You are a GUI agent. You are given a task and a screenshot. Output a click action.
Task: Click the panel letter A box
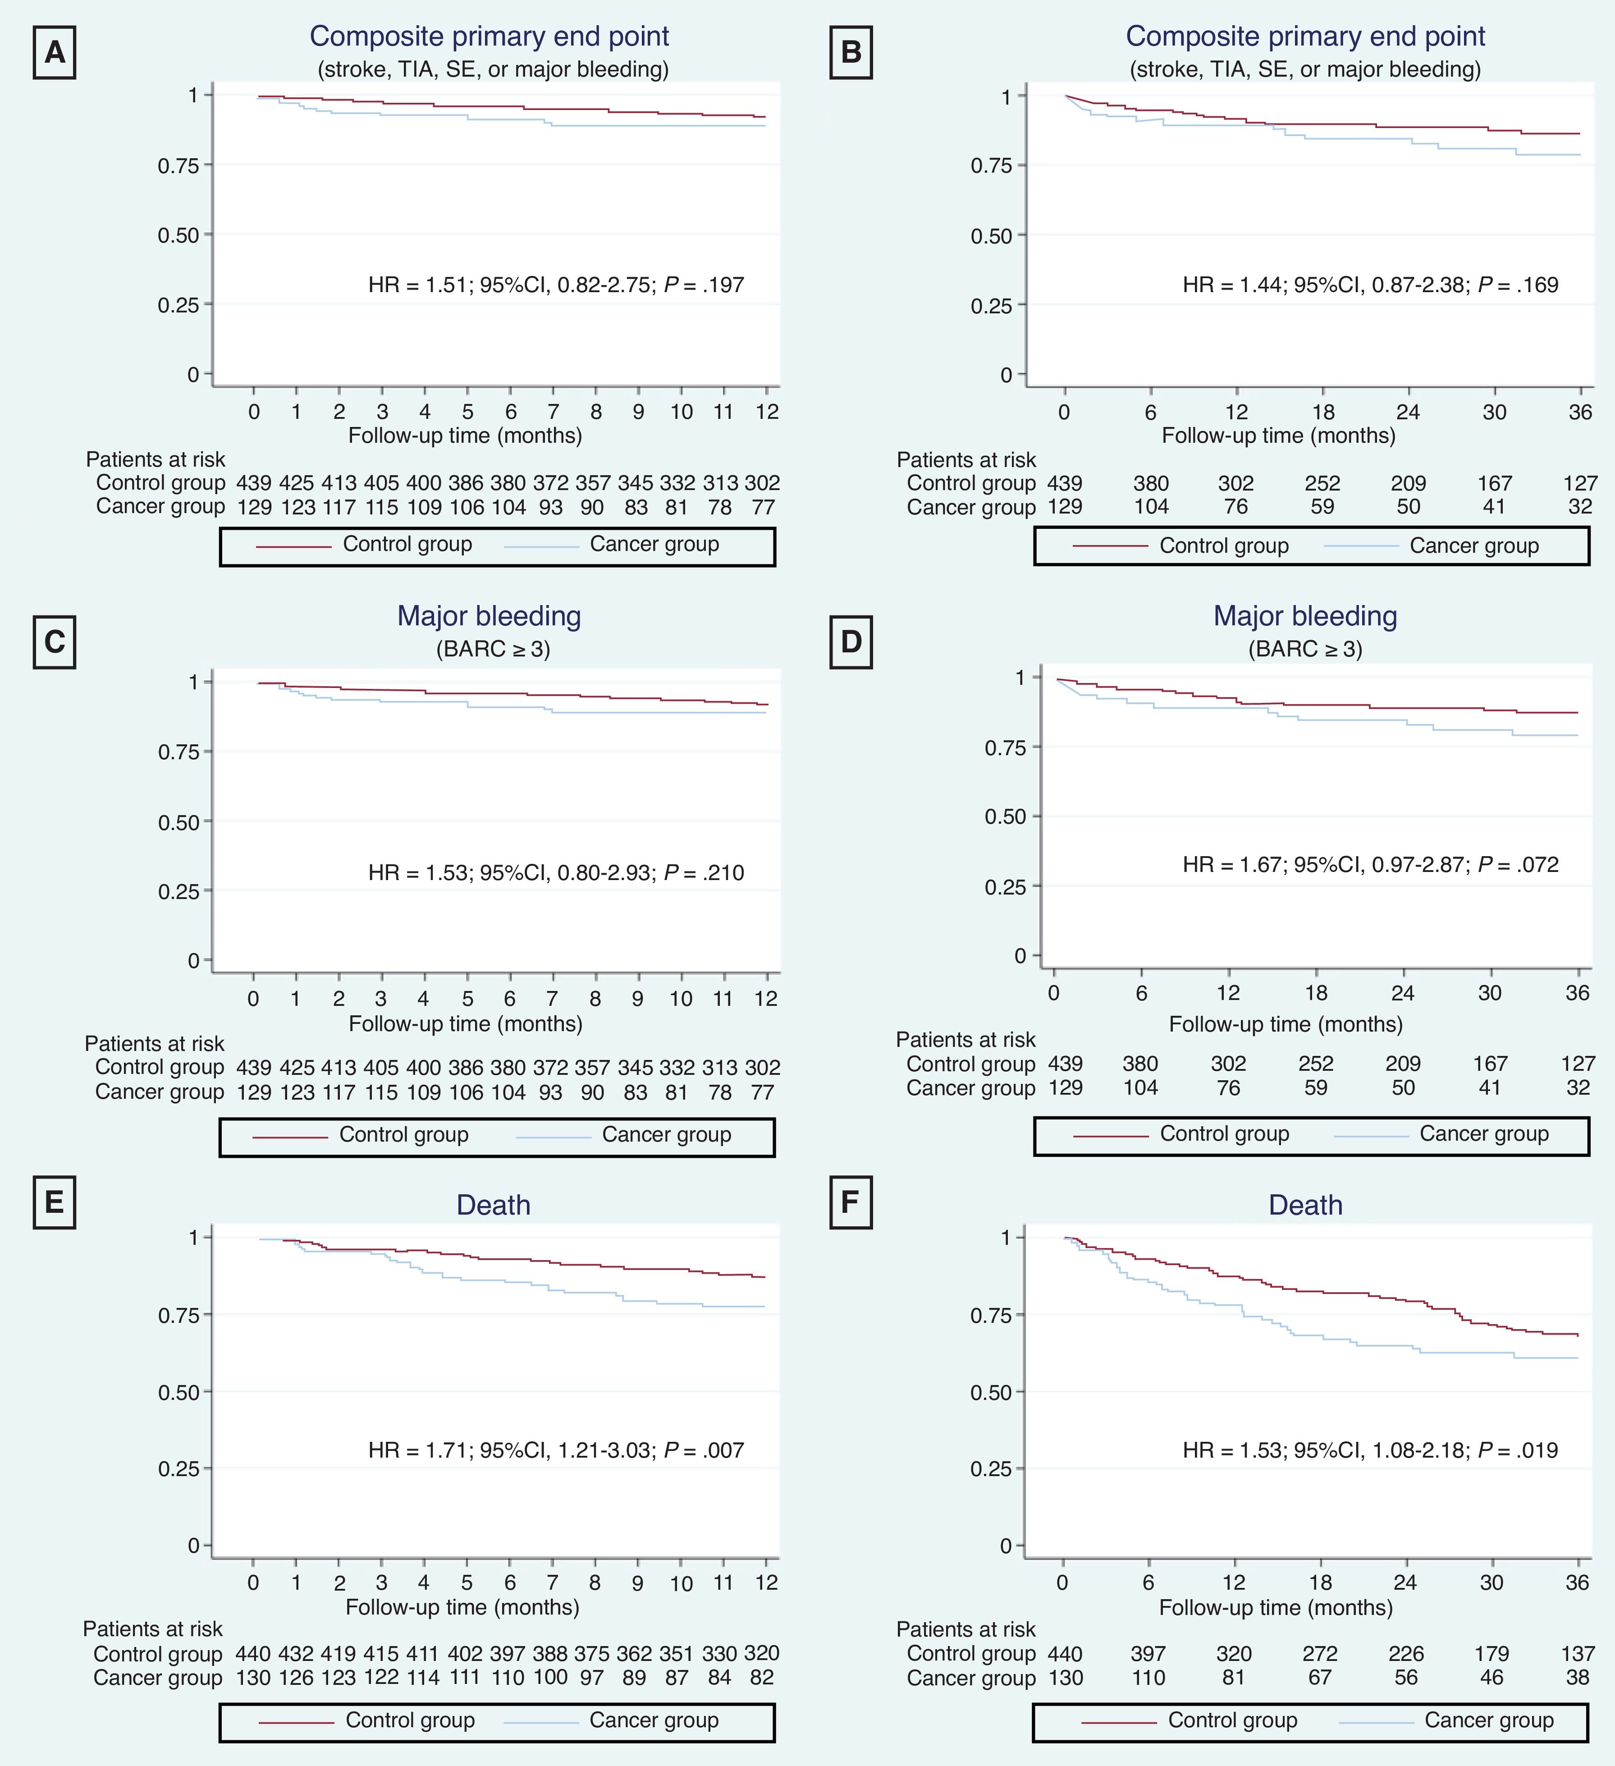click(54, 53)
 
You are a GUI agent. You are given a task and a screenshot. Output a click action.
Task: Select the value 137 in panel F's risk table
click(1577, 1654)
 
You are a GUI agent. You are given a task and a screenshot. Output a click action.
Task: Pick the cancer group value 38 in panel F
click(1577, 1678)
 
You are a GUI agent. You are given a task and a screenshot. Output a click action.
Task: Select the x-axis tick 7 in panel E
click(553, 1582)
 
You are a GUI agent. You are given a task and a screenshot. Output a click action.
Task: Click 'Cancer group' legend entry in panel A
click(654, 544)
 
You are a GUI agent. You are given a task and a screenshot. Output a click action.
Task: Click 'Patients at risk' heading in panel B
click(966, 460)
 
